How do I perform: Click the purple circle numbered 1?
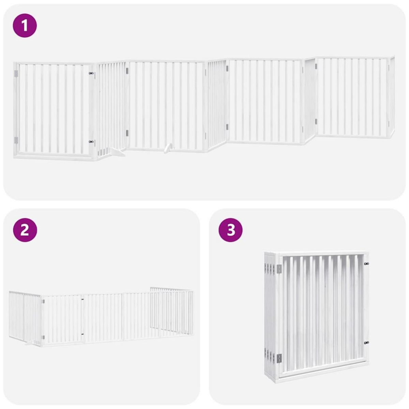tap(25, 25)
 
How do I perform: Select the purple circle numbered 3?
tap(231, 230)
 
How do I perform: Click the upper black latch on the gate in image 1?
tap(91, 73)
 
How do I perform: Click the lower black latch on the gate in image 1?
tap(91, 141)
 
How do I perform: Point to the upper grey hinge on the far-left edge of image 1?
tap(15, 74)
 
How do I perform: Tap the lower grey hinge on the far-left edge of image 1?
tap(15, 140)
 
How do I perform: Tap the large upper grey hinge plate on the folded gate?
tap(279, 269)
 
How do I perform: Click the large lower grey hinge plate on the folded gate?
tap(279, 358)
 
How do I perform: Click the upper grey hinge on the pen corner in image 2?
tap(43, 301)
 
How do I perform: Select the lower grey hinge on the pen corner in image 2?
tap(43, 337)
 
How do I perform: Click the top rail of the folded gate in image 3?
tap(322, 254)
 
